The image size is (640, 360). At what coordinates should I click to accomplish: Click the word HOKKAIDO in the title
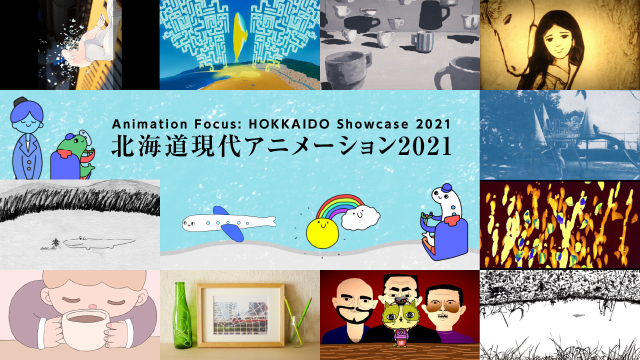coord(289,124)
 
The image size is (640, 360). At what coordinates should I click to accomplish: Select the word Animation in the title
coord(149,124)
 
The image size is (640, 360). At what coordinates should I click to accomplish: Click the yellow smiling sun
coord(322,233)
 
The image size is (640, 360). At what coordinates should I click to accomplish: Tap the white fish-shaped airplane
coord(228,223)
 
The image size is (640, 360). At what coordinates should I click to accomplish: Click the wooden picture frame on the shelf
coord(240,315)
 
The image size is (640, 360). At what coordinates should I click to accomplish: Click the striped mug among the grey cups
coord(422,41)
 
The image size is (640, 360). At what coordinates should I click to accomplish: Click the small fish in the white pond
coord(578,315)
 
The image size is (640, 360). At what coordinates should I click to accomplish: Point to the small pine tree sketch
coord(55,243)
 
